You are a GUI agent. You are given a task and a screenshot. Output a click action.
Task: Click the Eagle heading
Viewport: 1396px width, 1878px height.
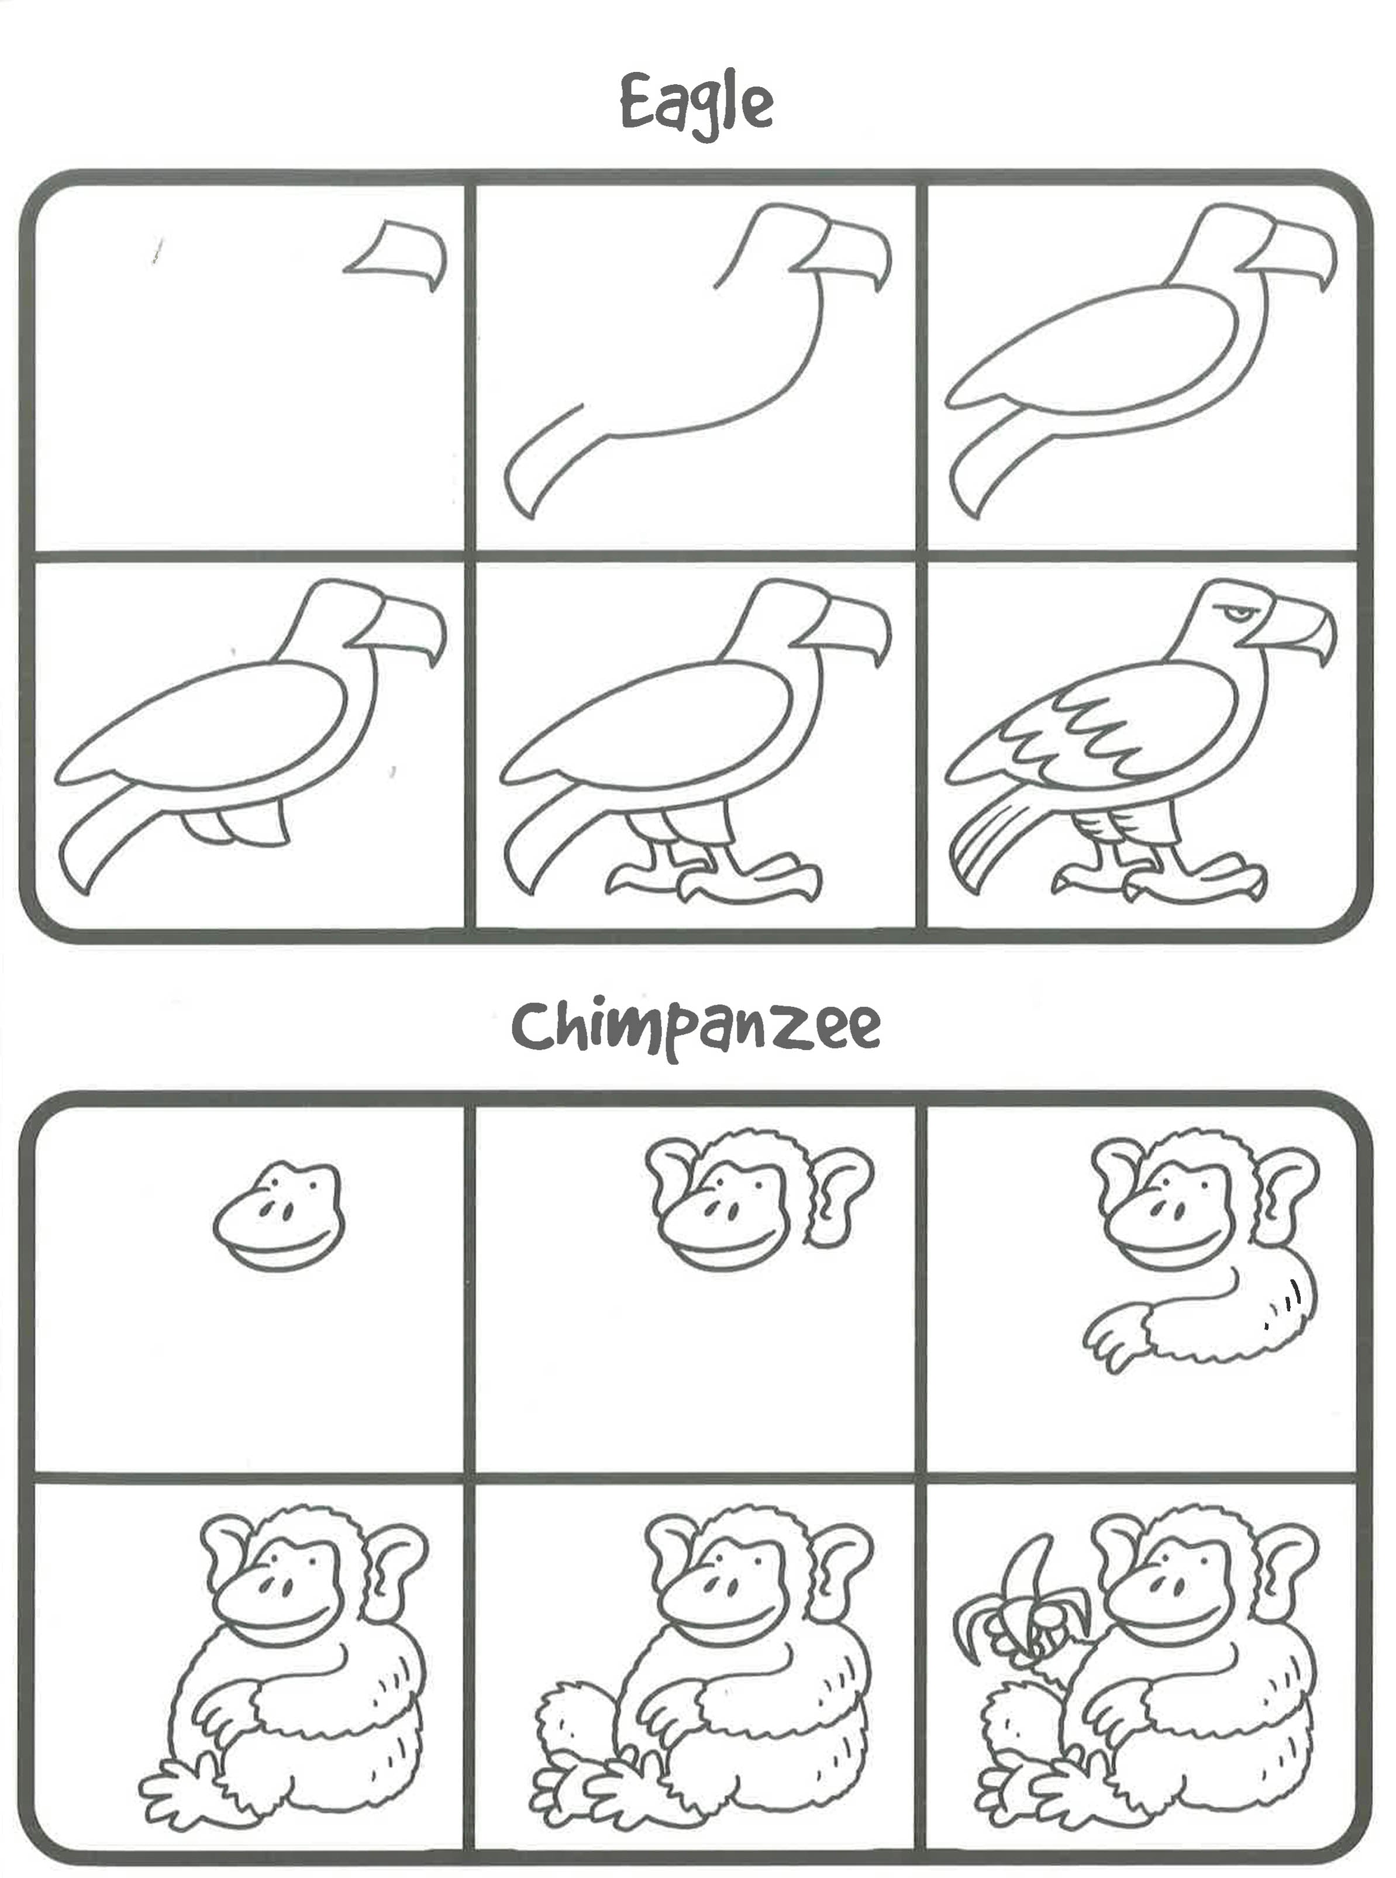697,105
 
